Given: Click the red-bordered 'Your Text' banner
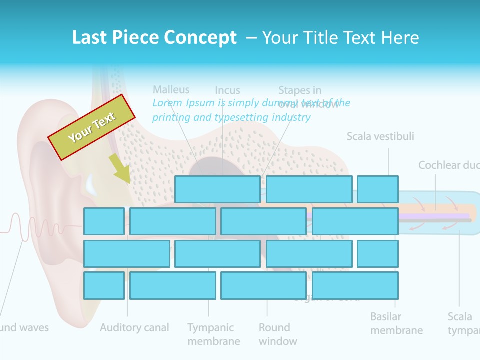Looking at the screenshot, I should [91, 127].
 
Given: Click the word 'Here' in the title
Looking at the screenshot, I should [400, 38].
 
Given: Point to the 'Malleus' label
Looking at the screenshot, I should [171, 90].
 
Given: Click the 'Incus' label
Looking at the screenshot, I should [227, 90].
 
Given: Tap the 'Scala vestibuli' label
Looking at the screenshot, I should [380, 136].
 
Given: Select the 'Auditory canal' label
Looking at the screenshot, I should [134, 328].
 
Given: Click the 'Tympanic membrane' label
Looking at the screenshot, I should [213, 334].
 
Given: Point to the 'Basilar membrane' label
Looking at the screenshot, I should [396, 323].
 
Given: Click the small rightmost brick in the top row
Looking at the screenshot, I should [378, 189].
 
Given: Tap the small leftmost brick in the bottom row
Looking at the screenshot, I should [104, 285].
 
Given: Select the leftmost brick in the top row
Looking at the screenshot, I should [217, 189].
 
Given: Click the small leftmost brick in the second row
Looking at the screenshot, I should [104, 221].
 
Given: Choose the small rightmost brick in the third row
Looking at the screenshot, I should [378, 253].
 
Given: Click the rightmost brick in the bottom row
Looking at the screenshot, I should [355, 285].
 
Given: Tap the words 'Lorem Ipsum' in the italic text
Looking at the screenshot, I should [178, 103].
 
